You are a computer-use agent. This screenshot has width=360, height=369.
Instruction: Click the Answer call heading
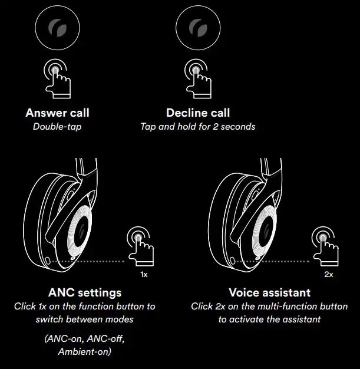pos(57,113)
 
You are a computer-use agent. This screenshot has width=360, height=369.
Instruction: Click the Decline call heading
pos(198,113)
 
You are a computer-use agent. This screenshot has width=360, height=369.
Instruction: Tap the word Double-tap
pos(57,126)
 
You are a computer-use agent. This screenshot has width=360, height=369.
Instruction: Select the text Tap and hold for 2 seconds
pos(198,126)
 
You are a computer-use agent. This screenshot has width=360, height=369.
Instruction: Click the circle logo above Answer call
pos(55,28)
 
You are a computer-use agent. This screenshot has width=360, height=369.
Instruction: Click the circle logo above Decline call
pos(196,28)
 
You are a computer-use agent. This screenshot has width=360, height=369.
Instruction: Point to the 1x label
pos(144,275)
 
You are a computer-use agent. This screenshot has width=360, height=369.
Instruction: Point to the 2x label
pos(329,275)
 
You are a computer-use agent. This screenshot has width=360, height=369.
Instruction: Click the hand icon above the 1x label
pos(142,246)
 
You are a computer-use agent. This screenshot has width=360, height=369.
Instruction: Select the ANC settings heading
pos(85,292)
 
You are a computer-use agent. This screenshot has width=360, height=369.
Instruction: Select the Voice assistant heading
pos(270,292)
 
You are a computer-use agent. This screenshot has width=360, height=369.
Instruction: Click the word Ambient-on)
pos(85,352)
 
